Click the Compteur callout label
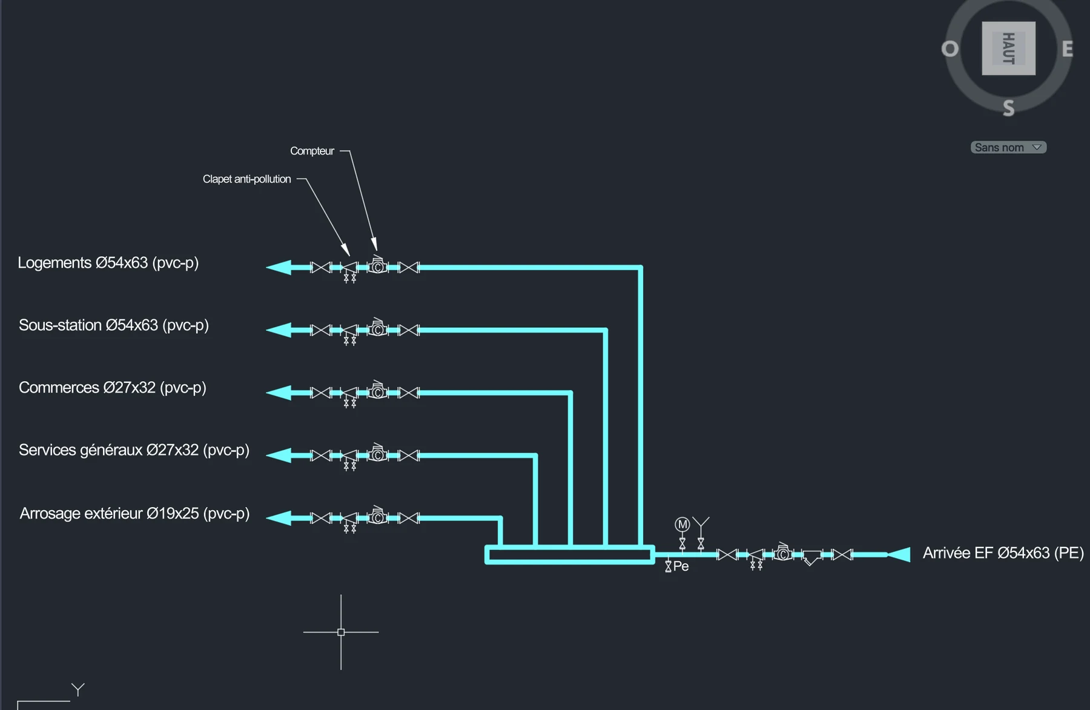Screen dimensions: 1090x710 point(312,151)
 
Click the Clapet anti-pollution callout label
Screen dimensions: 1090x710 point(246,179)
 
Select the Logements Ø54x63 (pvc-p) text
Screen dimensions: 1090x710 point(108,263)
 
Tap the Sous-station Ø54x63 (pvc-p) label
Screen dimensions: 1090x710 point(114,325)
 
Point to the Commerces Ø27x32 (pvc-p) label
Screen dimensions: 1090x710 point(113,388)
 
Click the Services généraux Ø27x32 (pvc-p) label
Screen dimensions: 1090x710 point(134,450)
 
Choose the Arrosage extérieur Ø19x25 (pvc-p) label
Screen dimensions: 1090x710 point(134,514)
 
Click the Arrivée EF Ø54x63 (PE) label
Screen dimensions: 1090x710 point(1003,553)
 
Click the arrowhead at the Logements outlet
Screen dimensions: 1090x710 point(279,267)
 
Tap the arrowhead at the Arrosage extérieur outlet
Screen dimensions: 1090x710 point(279,518)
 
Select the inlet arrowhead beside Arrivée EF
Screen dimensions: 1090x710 point(899,554)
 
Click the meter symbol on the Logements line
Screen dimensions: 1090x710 point(378,265)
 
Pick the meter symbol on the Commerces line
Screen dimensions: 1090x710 point(378,391)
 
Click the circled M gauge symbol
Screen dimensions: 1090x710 point(682,524)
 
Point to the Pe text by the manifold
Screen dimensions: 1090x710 point(681,566)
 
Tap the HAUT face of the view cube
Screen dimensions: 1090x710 point(1008,48)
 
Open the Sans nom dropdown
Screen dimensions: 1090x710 point(1008,147)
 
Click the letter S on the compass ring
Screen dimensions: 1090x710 point(1008,108)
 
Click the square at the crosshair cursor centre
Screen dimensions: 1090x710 point(341,632)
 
